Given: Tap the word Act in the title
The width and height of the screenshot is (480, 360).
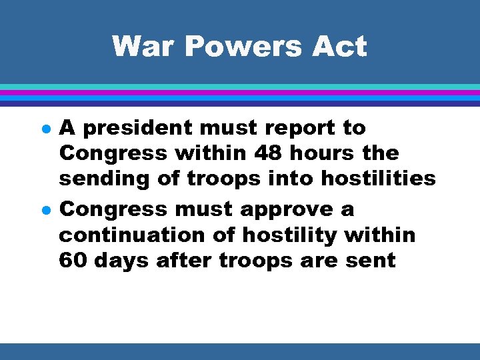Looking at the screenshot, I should point(340,47).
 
